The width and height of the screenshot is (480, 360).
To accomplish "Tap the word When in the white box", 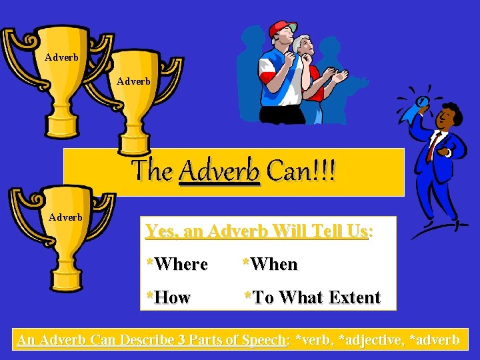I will coord(273,265).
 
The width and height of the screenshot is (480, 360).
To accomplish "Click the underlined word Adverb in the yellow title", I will coord(219,172).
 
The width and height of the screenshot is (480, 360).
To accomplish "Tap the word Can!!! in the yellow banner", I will coord(301,172).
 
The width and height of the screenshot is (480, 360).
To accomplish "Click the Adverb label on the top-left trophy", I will coord(61,57).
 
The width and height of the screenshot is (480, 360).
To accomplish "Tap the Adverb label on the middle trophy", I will coord(133,82).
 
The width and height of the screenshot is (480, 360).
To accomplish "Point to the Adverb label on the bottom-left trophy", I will coord(65,217).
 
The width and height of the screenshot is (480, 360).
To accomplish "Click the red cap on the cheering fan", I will coord(281,28).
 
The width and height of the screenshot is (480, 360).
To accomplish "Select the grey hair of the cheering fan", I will coord(302,41).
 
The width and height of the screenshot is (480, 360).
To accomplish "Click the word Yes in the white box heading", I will coord(159,231).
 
